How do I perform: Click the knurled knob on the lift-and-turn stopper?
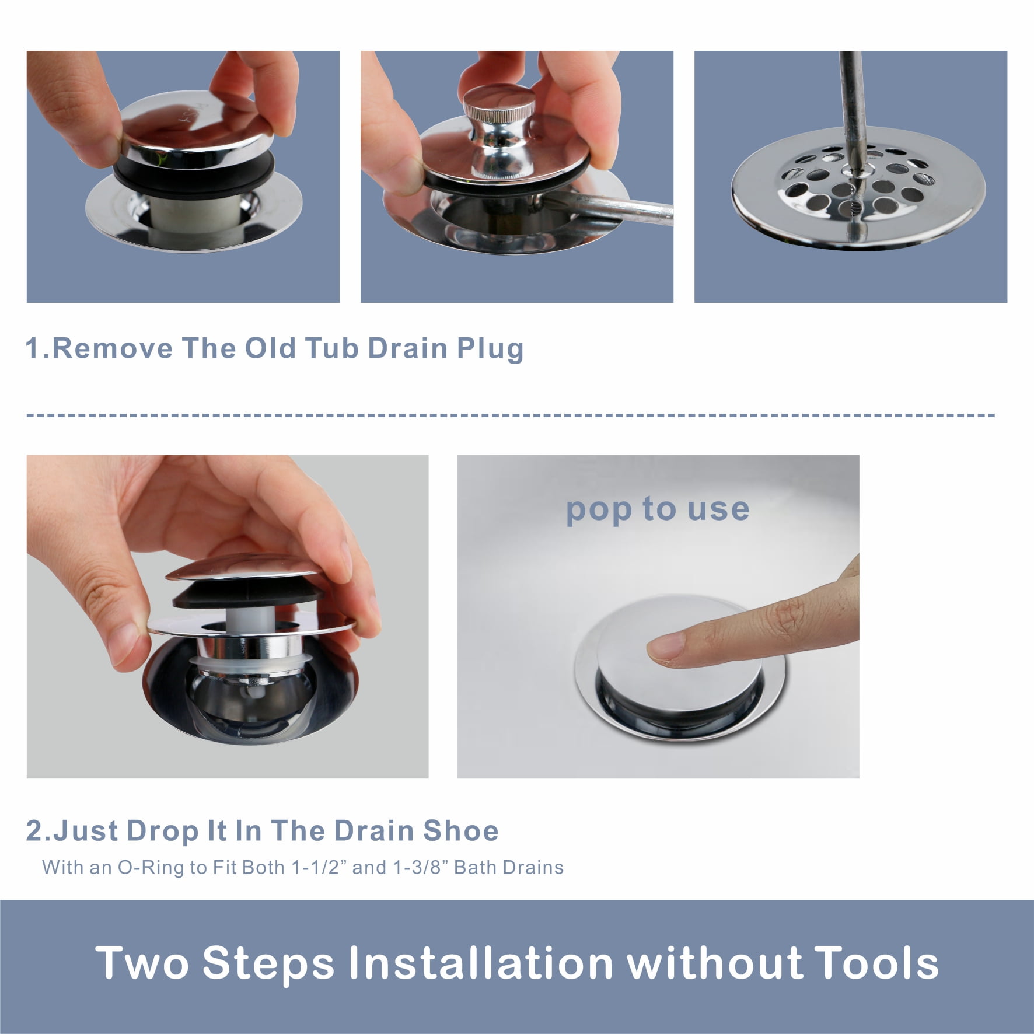499,105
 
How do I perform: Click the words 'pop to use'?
658,509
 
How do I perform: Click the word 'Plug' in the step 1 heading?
490,348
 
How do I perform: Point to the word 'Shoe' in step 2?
461,831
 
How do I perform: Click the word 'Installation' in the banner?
480,963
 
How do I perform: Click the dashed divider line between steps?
511,415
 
